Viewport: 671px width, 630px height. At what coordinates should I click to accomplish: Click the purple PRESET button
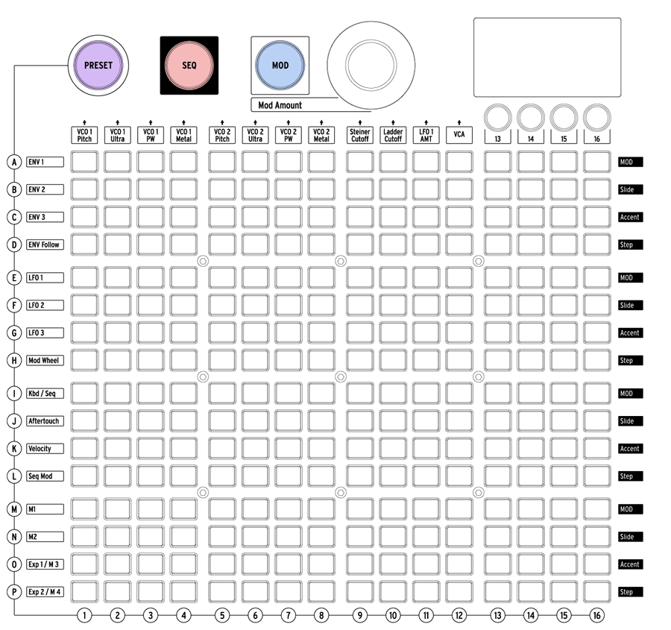98,66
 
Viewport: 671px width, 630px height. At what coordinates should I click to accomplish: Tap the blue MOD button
280,66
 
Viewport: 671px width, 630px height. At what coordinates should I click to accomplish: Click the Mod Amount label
280,105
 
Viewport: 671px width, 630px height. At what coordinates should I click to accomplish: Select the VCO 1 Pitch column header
84,135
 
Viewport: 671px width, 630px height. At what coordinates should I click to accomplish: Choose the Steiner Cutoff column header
360,135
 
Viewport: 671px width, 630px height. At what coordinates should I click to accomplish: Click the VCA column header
459,135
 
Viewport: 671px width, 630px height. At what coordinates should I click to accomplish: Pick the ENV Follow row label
45,245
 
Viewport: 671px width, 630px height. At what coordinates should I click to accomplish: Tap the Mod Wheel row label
45,360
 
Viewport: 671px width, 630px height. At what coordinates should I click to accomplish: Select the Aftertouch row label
45,421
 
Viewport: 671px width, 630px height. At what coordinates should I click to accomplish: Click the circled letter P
14,592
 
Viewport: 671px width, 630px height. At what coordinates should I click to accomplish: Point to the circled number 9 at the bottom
360,615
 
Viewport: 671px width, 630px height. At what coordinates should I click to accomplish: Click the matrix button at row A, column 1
84,163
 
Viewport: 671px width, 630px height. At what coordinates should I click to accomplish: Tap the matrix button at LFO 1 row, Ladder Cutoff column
393,278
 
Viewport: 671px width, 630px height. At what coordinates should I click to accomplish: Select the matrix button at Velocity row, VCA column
459,449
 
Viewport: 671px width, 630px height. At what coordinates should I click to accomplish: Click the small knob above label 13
498,117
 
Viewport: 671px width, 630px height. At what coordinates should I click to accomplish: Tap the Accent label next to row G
630,333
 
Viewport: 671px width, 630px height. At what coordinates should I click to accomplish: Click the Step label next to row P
630,592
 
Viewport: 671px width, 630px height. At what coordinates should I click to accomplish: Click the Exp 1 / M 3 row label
45,564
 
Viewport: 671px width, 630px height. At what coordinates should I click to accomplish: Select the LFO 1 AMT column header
426,135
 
